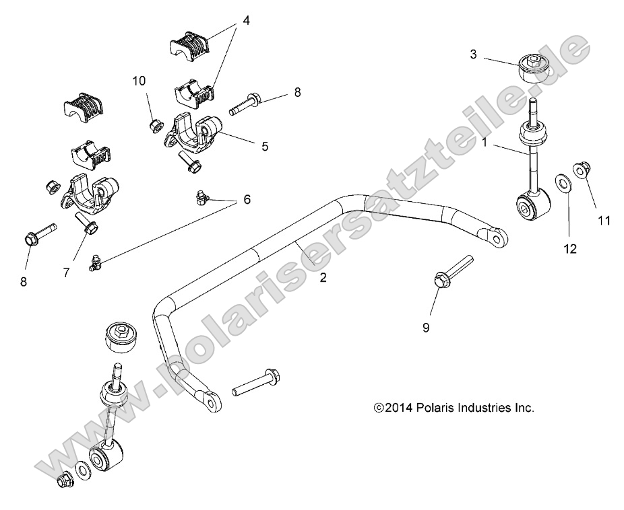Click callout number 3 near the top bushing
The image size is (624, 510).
click(x=473, y=54)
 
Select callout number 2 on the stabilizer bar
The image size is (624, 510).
click(x=323, y=277)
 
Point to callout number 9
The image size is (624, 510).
click(x=425, y=328)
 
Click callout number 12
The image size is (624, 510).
click(x=570, y=249)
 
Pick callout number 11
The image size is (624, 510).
click(x=604, y=219)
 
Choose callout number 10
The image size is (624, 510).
click(x=139, y=81)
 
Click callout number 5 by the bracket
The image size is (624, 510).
click(x=265, y=145)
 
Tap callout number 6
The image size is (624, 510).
click(x=246, y=199)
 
